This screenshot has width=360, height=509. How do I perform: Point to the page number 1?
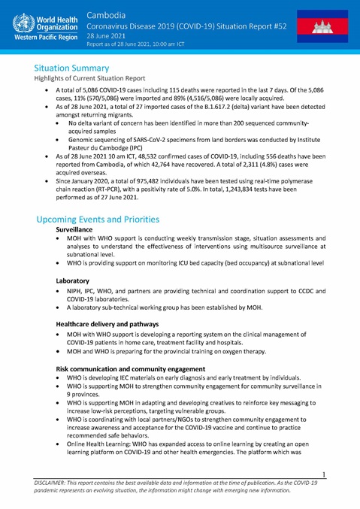tap(322, 474)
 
